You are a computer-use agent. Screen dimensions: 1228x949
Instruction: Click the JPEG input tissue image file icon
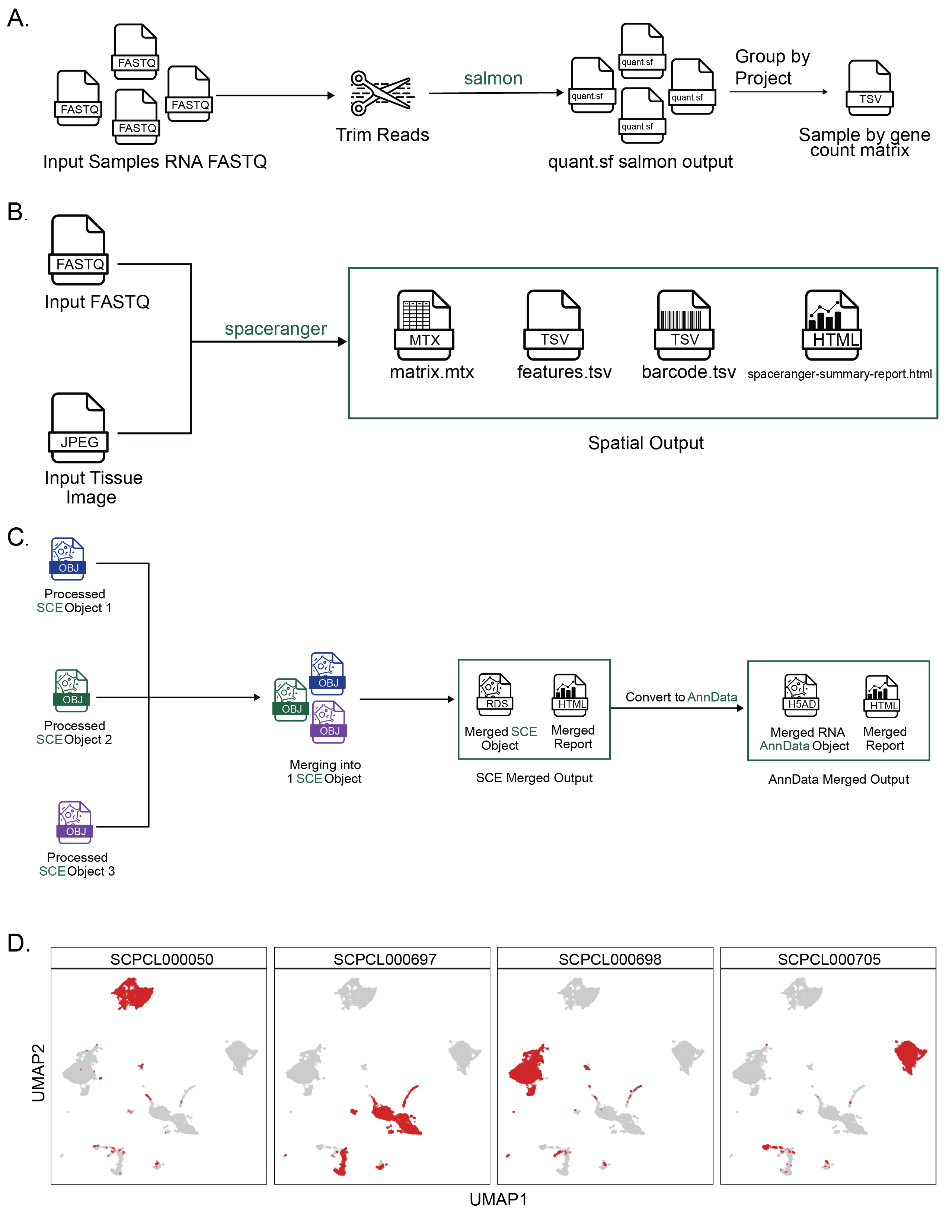pyautogui.click(x=78, y=428)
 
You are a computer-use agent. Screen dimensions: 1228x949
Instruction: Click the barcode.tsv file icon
pyautogui.click(x=684, y=325)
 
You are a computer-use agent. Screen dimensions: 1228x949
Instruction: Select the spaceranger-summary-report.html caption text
pyautogui.click(x=839, y=374)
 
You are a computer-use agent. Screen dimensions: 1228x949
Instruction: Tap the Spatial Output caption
pyautogui.click(x=645, y=443)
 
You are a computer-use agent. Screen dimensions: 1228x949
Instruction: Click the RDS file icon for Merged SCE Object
pyautogui.click(x=495, y=694)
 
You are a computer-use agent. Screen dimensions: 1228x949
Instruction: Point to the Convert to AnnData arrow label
pyautogui.click(x=681, y=697)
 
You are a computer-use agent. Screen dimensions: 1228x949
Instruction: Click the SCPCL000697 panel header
pyautogui.click(x=384, y=959)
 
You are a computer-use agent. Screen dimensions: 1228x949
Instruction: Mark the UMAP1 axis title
pyautogui.click(x=498, y=1199)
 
